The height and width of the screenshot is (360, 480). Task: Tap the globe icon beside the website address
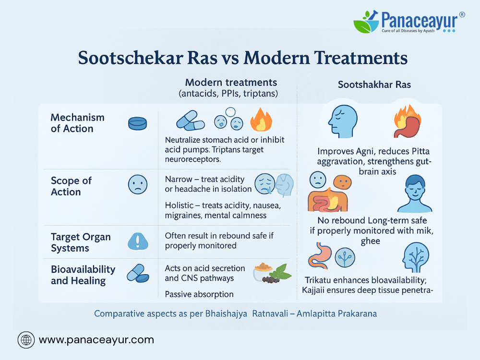coord(26,340)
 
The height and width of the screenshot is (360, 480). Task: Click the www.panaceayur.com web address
coord(96,340)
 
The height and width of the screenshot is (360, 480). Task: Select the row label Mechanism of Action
coord(77,123)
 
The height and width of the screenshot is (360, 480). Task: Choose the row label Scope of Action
coord(71,186)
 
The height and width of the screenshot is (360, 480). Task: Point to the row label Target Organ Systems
coord(81,242)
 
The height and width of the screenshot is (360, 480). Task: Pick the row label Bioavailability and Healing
coord(83,275)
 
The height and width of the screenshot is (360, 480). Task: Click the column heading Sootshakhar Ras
coord(374,84)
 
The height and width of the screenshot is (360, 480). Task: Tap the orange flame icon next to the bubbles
coord(261,120)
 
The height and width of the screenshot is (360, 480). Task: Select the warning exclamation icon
coord(138,241)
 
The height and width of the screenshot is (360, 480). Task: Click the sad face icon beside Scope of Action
coord(138,184)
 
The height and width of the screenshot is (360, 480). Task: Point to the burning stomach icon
coord(408,121)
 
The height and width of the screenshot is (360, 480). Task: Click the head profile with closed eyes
coord(343,121)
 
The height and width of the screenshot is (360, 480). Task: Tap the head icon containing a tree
coord(415,257)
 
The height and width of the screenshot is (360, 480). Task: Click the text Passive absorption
coord(199,294)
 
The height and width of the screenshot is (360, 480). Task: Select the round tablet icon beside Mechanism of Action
coord(137,123)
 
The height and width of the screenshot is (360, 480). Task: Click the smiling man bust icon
coord(415,194)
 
